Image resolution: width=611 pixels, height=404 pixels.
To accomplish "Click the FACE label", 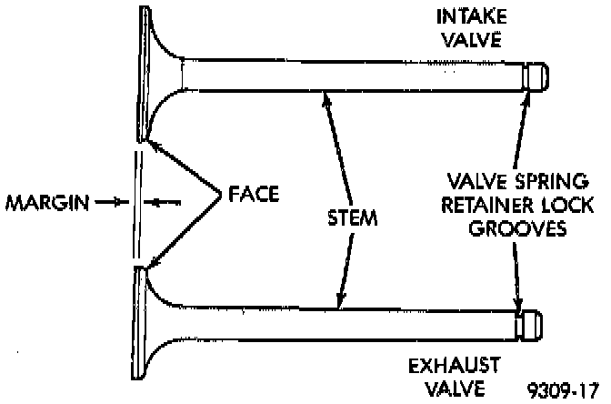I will (252, 194).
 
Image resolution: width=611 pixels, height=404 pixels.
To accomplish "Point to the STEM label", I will (350, 218).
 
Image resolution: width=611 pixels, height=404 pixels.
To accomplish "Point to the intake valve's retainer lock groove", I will (526, 76).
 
